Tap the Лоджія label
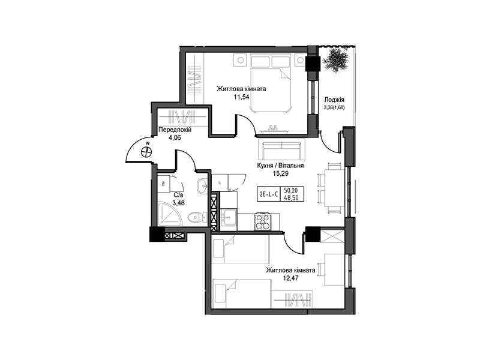pyautogui.click(x=334, y=100)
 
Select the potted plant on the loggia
pyautogui.click(x=336, y=59)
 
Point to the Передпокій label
pyautogui.click(x=175, y=130)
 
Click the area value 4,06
pyautogui.click(x=174, y=137)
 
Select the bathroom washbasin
pyautogui.click(x=202, y=186)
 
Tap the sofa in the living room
pyautogui.click(x=281, y=149)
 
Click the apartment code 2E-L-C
pyautogui.click(x=268, y=194)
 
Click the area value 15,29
pyautogui.click(x=281, y=173)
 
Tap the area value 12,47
pyautogui.click(x=290, y=278)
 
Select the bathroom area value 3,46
pyautogui.click(x=178, y=202)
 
